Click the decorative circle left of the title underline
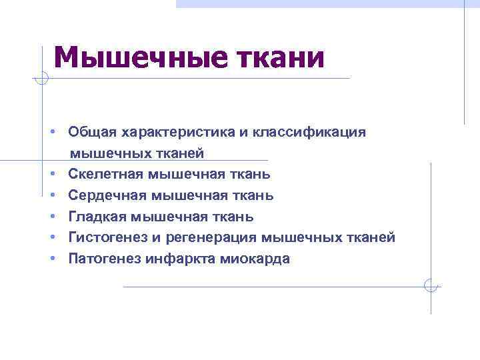[x=42, y=79]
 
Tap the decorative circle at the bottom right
[x=431, y=286]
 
